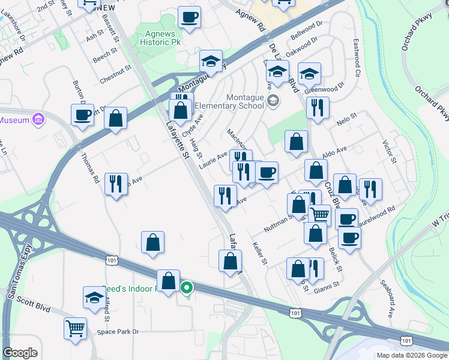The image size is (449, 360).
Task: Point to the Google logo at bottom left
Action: point(20,353)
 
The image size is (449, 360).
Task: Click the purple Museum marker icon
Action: point(39,119)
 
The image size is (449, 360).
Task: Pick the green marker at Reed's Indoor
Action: point(187,288)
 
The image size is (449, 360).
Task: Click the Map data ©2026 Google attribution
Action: point(411,355)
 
